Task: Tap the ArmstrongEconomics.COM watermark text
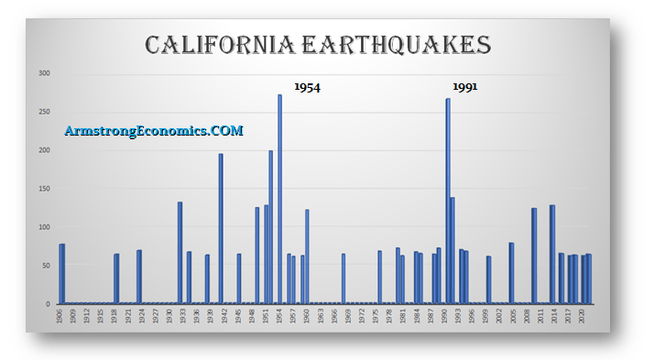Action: click(x=154, y=131)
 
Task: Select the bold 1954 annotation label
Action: click(x=307, y=87)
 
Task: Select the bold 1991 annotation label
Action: click(x=465, y=87)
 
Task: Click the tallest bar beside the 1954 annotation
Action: click(x=279, y=199)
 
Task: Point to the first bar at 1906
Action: click(x=61, y=273)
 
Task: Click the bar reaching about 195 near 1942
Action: click(x=221, y=228)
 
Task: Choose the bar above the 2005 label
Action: click(x=511, y=273)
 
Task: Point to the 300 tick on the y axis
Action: click(x=44, y=73)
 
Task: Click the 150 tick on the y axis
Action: click(x=44, y=189)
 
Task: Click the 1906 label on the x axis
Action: click(x=60, y=316)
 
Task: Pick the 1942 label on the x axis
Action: click(x=222, y=316)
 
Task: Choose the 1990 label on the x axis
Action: click(x=444, y=316)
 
